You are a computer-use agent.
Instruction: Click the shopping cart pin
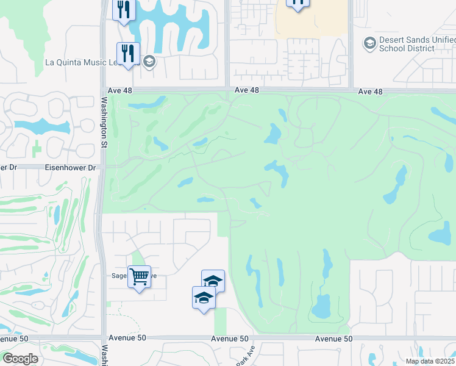(x=140, y=278)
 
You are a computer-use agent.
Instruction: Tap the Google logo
(x=20, y=359)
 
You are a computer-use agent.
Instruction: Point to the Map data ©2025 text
(x=429, y=361)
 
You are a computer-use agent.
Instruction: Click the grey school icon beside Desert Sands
(x=369, y=43)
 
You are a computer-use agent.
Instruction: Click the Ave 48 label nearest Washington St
(x=120, y=90)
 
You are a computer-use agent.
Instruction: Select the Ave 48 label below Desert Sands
(x=371, y=91)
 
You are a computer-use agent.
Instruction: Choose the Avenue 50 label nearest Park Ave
(x=230, y=339)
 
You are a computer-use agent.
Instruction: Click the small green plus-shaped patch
(x=36, y=147)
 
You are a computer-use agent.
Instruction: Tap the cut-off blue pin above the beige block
(x=297, y=4)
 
